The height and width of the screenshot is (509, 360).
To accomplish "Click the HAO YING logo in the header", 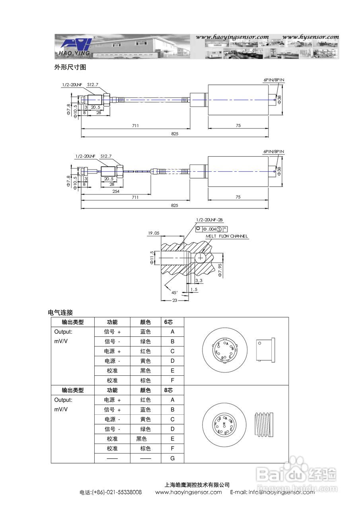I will pyautogui.click(x=75, y=47).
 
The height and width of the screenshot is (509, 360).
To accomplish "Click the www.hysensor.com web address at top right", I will pyautogui.click(x=311, y=37).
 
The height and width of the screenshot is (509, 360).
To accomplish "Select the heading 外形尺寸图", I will pyautogui.click(x=70, y=67).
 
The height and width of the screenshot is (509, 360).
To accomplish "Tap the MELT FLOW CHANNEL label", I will pyautogui.click(x=226, y=236).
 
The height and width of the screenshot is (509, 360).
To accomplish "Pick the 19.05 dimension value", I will pyautogui.click(x=154, y=233).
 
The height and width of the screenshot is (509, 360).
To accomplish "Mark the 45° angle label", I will pyautogui.click(x=175, y=292).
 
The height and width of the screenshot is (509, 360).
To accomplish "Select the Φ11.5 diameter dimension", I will pyautogui.click(x=152, y=258).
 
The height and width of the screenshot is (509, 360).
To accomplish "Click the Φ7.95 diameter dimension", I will pyautogui.click(x=220, y=270).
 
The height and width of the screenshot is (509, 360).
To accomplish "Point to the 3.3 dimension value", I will pyautogui.click(x=199, y=281).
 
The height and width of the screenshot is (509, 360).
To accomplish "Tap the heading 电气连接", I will pyautogui.click(x=60, y=313).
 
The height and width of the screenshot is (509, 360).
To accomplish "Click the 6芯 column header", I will pyautogui.click(x=168, y=322).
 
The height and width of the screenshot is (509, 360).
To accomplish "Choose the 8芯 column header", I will pyautogui.click(x=168, y=390).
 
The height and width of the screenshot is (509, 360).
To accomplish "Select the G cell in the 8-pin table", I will pyautogui.click(x=172, y=458).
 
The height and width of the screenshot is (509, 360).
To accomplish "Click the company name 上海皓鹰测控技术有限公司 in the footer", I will pyautogui.click(x=197, y=485).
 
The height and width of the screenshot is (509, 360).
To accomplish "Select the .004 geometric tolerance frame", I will pyautogui.click(x=212, y=229).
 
